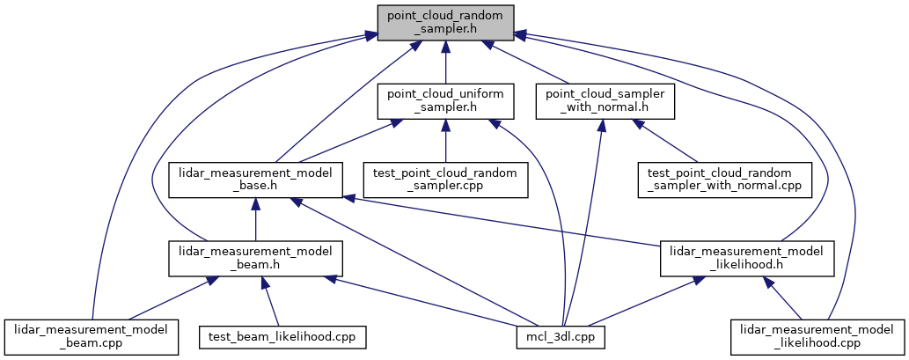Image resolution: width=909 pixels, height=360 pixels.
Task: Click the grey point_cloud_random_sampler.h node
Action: tap(445, 23)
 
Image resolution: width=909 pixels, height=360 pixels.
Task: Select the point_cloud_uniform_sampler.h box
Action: tap(445, 101)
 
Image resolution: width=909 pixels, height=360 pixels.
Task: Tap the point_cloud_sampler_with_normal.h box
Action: tap(605, 101)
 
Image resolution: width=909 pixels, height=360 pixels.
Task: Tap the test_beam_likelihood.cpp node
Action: tap(283, 336)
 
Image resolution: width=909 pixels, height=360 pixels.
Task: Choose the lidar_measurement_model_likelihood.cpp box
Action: tap(817, 336)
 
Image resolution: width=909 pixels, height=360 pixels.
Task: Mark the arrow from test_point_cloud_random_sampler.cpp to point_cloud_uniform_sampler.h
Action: tap(445, 143)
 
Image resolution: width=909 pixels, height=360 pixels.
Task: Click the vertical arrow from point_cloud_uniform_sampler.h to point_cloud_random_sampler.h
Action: tap(445, 63)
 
